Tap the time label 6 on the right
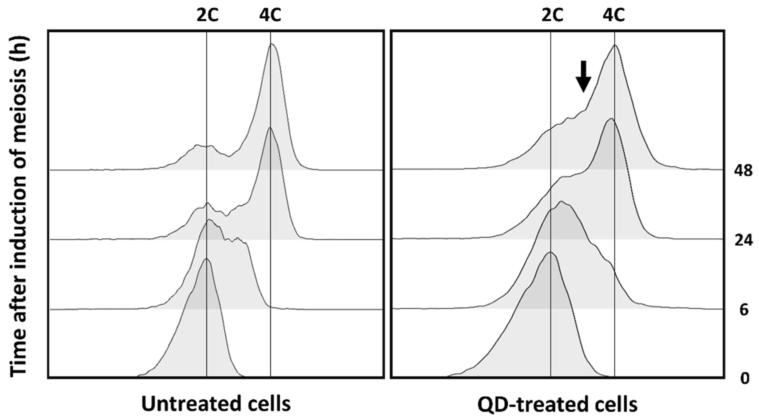[x=744, y=310]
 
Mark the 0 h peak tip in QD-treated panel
[x=550, y=252]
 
